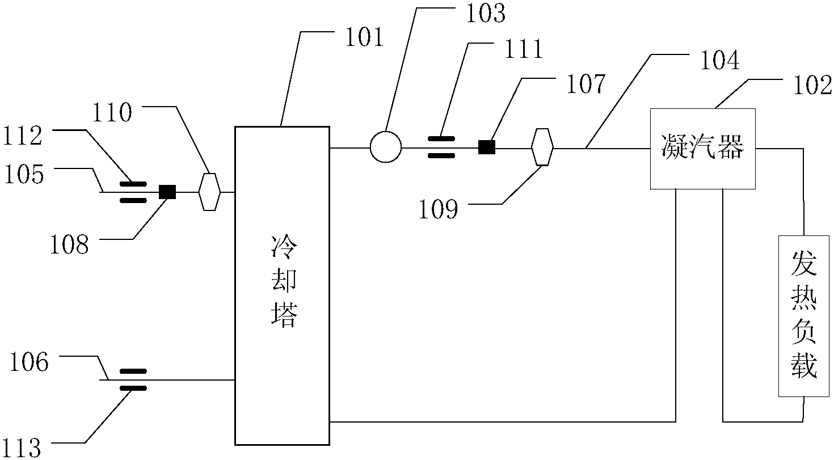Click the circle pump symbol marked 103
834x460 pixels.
[386, 147]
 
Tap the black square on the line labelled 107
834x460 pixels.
[486, 147]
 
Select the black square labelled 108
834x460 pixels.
[167, 192]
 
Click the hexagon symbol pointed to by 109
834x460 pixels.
[542, 147]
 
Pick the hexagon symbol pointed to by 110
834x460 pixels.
[209, 192]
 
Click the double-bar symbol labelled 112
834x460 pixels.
[133, 192]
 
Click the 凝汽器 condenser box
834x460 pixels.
[702, 148]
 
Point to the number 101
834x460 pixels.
[362, 38]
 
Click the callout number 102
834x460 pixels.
[812, 85]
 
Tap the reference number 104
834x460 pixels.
[719, 61]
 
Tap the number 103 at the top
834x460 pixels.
[485, 14]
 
